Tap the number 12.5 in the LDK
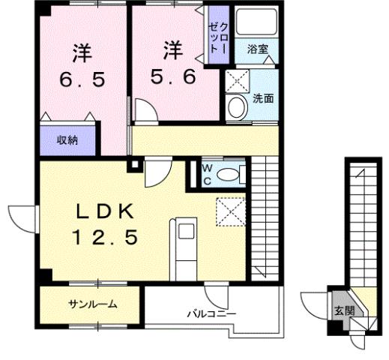point(105,238)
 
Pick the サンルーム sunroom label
point(92,304)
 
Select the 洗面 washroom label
point(263,98)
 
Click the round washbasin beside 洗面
point(238,108)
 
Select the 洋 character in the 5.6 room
point(172,49)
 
